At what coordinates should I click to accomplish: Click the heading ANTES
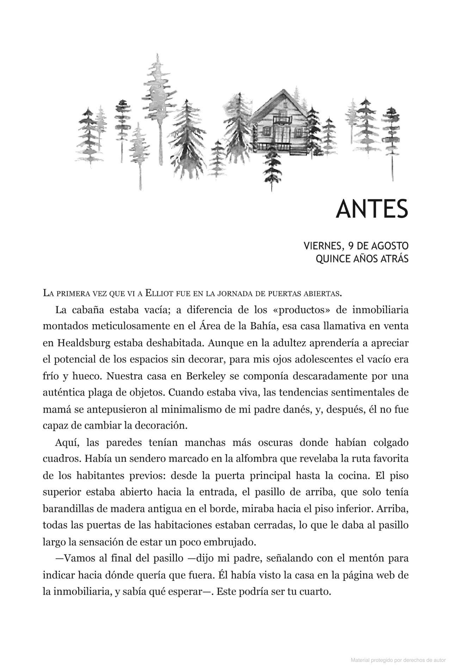(372, 209)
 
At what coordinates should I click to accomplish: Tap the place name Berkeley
(203, 376)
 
